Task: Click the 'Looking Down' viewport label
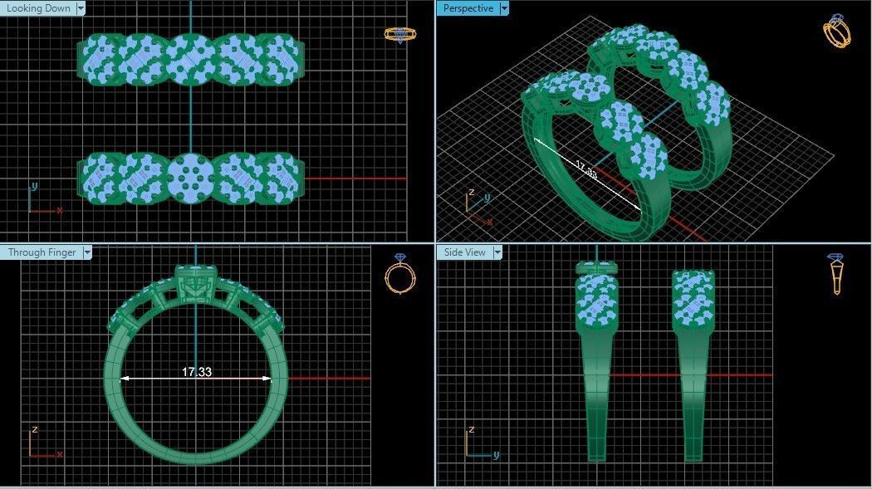[38, 8]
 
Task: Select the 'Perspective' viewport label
[468, 8]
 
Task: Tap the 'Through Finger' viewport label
[42, 252]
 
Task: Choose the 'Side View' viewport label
[465, 252]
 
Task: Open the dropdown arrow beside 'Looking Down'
[81, 8]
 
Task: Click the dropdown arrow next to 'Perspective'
[504, 8]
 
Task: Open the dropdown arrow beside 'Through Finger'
[87, 252]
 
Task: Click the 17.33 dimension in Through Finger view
[197, 372]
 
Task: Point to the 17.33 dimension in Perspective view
[586, 174]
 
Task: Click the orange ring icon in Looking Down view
[399, 34]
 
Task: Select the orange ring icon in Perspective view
[836, 32]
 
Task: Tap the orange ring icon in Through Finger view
[399, 273]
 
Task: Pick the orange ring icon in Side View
[836, 273]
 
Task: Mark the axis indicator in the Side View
[477, 444]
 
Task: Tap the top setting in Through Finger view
[195, 282]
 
